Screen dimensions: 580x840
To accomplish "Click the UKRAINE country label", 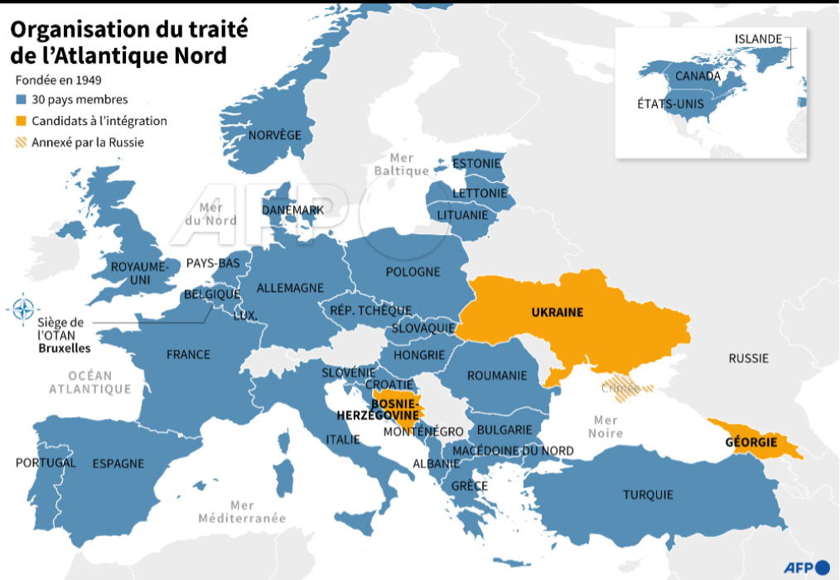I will pos(557,312).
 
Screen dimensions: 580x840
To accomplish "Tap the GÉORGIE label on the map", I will pos(751,442).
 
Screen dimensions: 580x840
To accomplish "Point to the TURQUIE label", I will pos(648,495).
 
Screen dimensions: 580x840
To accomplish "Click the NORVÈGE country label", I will pos(275,135).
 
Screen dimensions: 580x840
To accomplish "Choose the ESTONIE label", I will pos(476,163).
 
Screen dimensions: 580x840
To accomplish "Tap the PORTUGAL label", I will pos(46,463).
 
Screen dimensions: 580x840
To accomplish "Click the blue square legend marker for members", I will pos(22,99).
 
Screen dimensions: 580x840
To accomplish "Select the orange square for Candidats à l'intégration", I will pos(22,121).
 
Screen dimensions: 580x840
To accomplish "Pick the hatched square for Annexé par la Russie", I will pos(22,142).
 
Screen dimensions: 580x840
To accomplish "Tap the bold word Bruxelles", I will pos(64,348).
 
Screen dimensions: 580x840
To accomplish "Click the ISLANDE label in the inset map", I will pos(758,39).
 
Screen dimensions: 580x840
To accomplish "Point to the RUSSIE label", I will pos(748,358).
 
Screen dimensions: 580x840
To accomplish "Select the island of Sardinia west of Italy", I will pos(284,478).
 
